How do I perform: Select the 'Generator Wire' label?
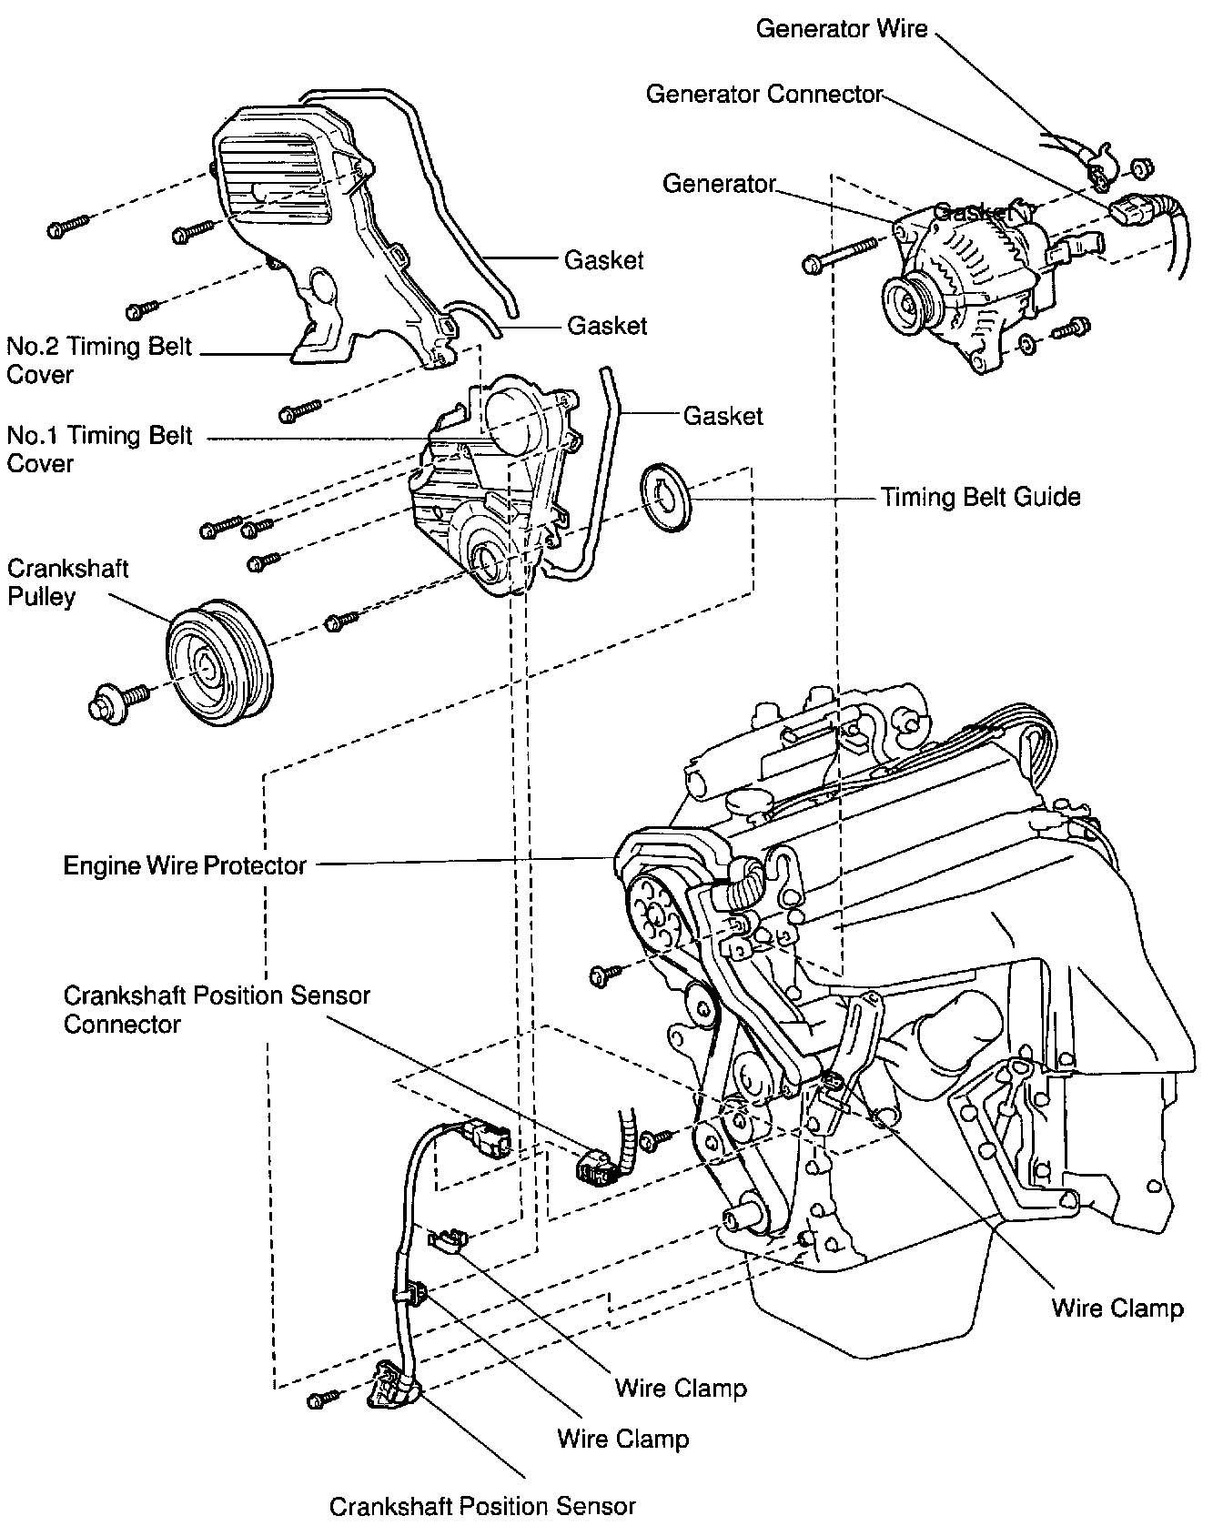841,29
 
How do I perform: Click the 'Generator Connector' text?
764,94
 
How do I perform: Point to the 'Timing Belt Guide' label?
980,497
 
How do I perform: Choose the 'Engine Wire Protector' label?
185,864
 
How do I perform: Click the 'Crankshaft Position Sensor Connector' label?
217,1009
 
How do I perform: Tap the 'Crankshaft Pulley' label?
67,582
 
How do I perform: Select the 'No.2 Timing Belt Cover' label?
99,360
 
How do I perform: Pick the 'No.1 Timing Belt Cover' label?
99,449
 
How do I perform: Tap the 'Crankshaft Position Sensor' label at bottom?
482,1506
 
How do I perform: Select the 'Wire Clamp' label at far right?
1117,1309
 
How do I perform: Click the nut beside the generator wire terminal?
1142,168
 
